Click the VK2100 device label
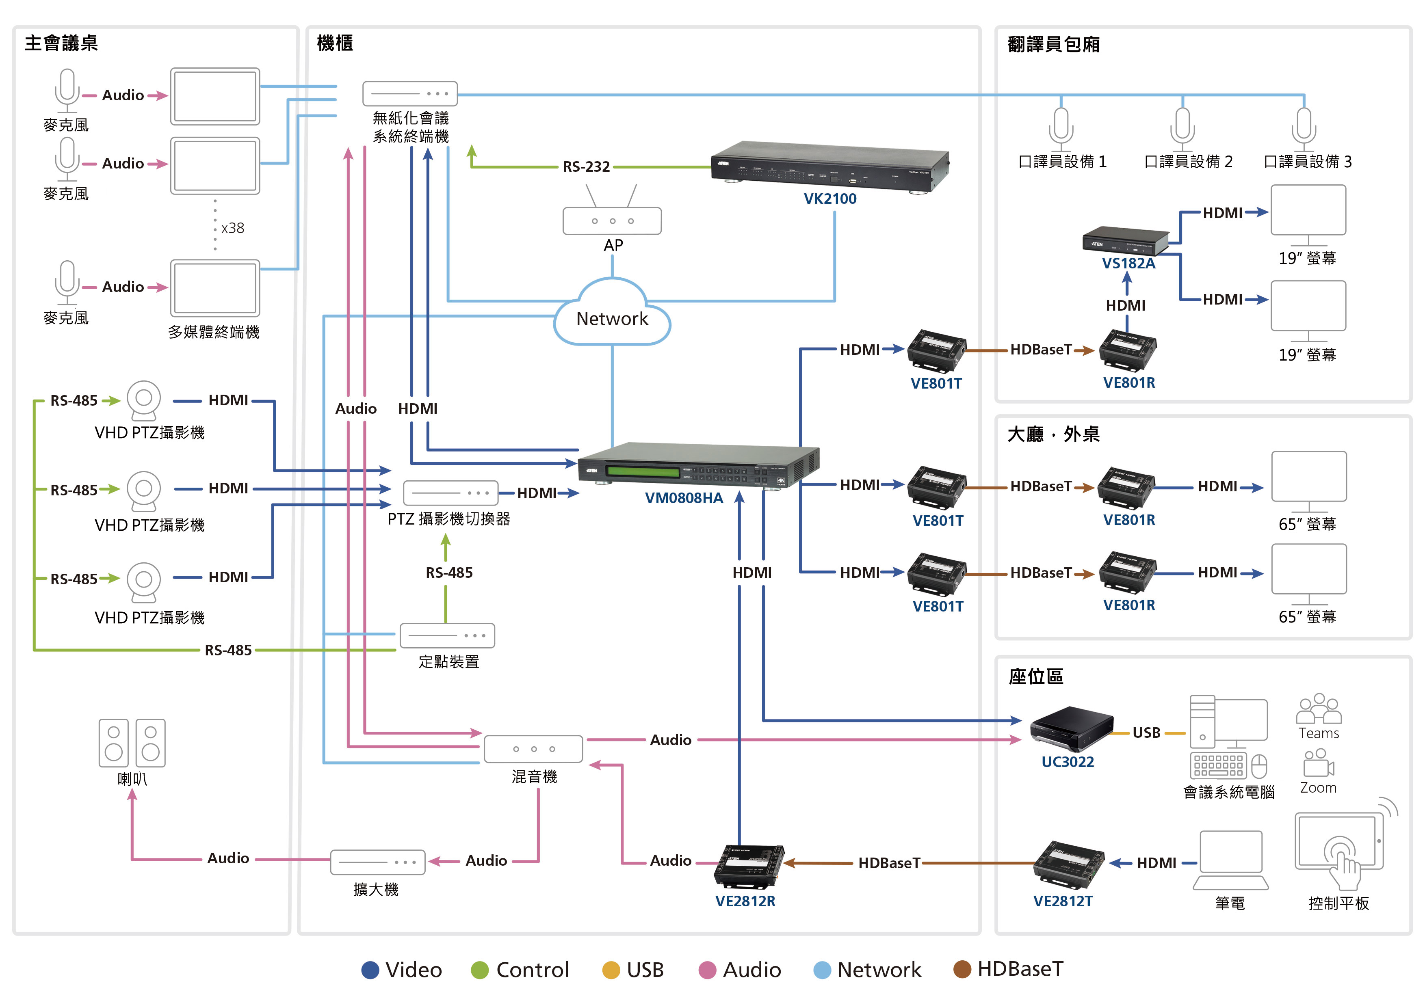pos(830,199)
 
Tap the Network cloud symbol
pos(612,314)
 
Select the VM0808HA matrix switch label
pos(684,498)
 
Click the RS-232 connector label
pos(586,167)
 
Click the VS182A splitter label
pos(1128,263)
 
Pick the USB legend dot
pos(611,970)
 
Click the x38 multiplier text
pos(233,228)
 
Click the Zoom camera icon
pos(1318,763)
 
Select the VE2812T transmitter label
pos(1063,901)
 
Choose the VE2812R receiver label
pos(745,901)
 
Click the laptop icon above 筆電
pos(1230,860)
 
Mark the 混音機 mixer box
pos(533,749)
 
